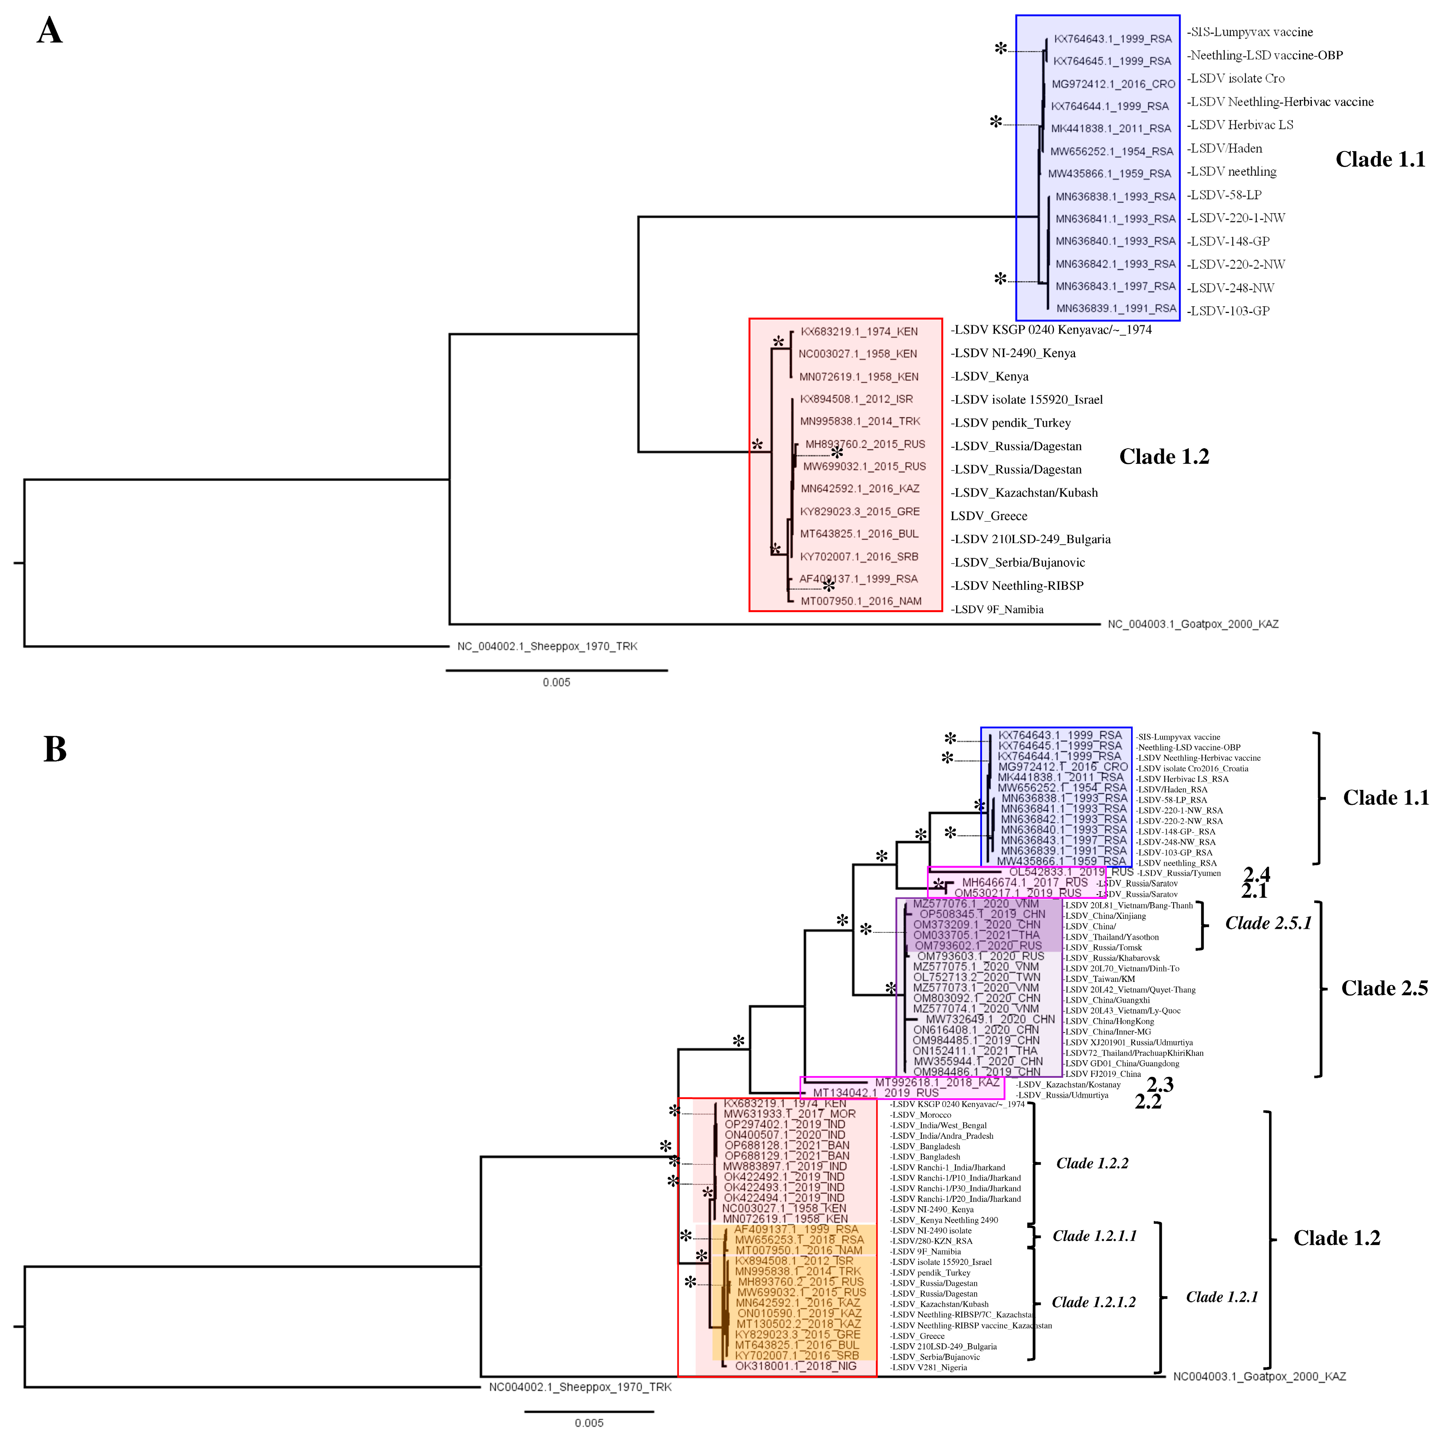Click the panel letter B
click(x=55, y=749)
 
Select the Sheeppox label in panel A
click(x=547, y=646)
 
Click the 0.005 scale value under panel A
click(x=556, y=682)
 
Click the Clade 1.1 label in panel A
click(x=1380, y=160)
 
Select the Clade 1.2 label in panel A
click(x=1163, y=457)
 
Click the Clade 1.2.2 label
click(x=1092, y=1163)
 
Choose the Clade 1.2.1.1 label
click(x=1094, y=1236)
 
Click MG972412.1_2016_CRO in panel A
click(x=1113, y=84)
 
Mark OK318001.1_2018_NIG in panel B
click(x=796, y=1366)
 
